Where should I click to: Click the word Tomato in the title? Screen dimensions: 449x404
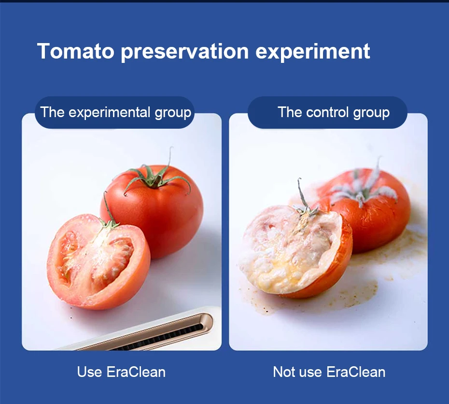pyautogui.click(x=76, y=51)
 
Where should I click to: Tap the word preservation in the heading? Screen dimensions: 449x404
pyautogui.click(x=185, y=52)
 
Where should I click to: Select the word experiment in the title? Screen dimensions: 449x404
pyautogui.click(x=313, y=52)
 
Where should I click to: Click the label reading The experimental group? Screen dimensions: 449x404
pyautogui.click(x=115, y=112)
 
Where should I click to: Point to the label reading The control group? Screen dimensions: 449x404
pyautogui.click(x=334, y=112)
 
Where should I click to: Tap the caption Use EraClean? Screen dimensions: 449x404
pyautogui.click(x=121, y=372)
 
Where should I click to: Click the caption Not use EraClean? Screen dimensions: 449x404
pyautogui.click(x=329, y=372)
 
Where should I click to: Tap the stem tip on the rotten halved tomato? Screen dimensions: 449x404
pyautogui.click(x=299, y=179)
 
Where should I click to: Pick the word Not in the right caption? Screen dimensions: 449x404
pyautogui.click(x=284, y=372)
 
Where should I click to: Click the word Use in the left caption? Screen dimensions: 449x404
pyautogui.click(x=89, y=372)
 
